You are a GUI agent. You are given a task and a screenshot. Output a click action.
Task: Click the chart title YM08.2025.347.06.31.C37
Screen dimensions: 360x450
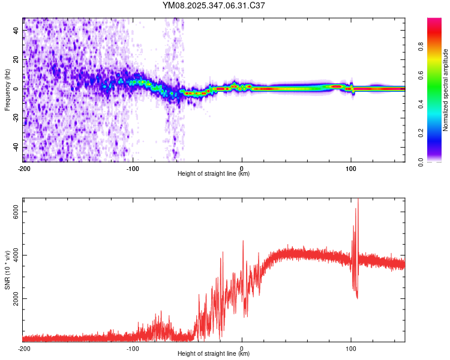tap(214, 5)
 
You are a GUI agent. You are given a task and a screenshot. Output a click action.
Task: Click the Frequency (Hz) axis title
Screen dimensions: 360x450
tap(7, 89)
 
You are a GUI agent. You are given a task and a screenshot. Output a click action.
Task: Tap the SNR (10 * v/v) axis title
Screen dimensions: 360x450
tap(7, 269)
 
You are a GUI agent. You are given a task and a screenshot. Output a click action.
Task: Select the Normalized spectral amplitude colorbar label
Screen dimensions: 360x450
tap(446, 90)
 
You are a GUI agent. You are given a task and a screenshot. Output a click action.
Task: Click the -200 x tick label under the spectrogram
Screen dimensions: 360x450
tap(24, 169)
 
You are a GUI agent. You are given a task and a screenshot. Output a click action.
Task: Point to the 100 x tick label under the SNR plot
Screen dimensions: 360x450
tap(351, 348)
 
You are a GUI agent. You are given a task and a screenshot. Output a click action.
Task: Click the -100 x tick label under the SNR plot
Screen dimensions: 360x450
tap(133, 348)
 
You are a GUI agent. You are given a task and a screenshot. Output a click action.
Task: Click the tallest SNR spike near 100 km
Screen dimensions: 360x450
tap(358, 199)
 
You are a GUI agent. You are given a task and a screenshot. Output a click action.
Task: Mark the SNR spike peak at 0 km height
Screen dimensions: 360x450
tap(243, 241)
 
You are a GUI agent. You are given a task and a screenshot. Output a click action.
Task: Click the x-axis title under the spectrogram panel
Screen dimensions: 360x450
tap(214, 174)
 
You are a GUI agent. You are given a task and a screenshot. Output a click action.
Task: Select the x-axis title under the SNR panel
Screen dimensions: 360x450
tap(214, 353)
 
